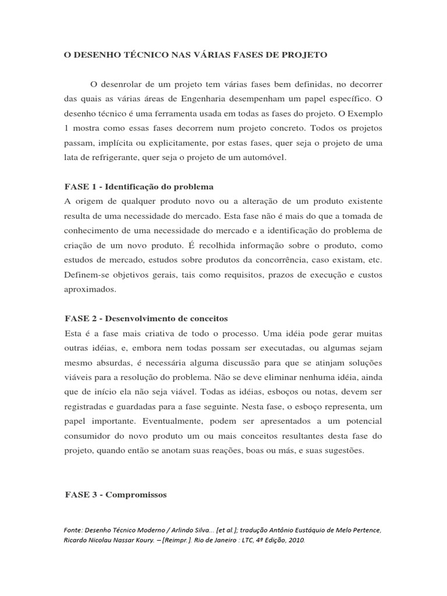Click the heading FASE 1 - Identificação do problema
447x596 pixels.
coord(138,186)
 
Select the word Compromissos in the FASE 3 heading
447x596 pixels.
coord(136,495)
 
